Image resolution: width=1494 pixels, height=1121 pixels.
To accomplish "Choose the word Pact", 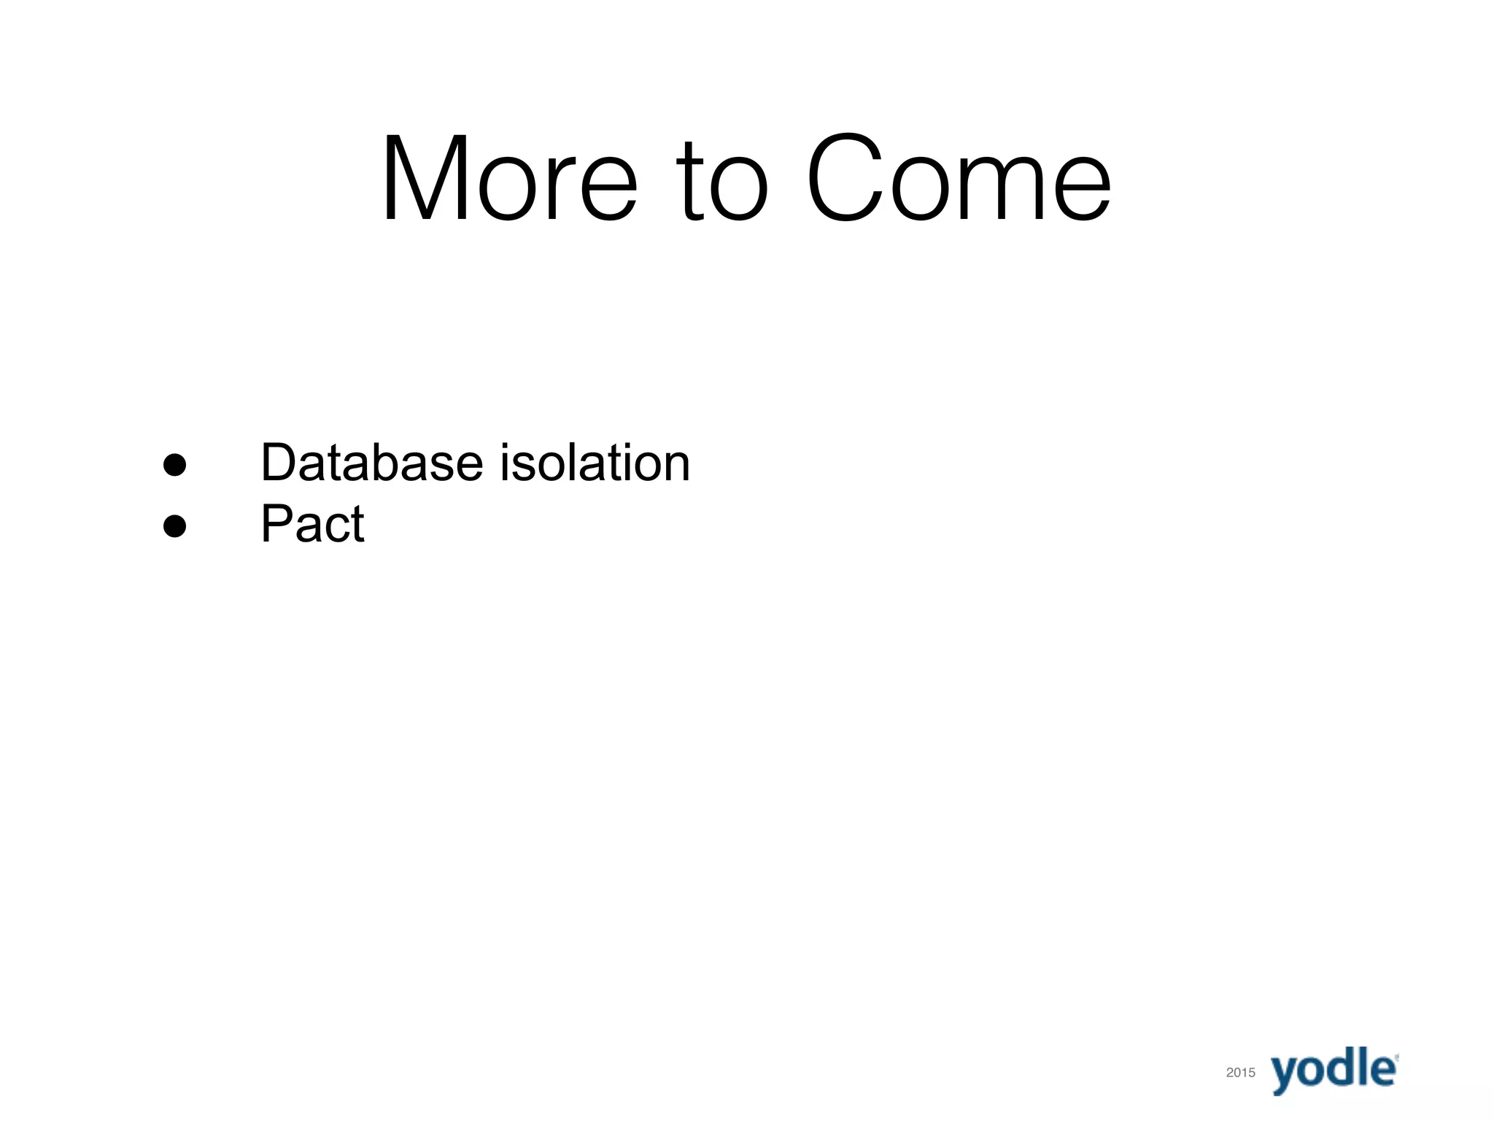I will click(312, 523).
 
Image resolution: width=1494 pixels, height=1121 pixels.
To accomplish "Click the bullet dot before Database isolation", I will click(174, 464).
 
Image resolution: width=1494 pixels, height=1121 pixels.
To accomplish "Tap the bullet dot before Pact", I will click(174, 525).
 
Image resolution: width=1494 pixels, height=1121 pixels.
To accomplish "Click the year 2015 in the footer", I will click(1240, 1072).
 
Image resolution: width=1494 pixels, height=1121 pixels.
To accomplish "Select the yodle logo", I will click(1334, 1069).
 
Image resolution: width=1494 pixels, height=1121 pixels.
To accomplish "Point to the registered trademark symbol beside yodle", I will click(1396, 1056).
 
